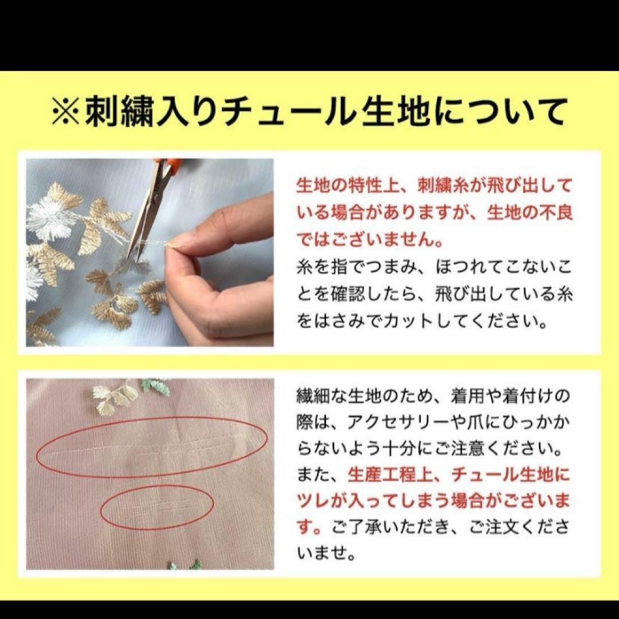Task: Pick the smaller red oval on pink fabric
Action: tap(158, 507)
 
